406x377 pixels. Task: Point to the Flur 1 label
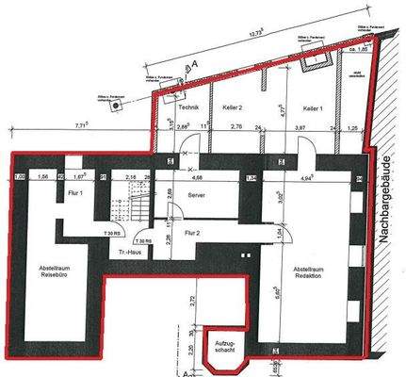75,193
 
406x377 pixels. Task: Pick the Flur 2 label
191,231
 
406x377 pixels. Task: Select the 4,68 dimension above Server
199,176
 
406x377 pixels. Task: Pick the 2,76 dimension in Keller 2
237,126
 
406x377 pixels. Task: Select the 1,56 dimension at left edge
41,176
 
